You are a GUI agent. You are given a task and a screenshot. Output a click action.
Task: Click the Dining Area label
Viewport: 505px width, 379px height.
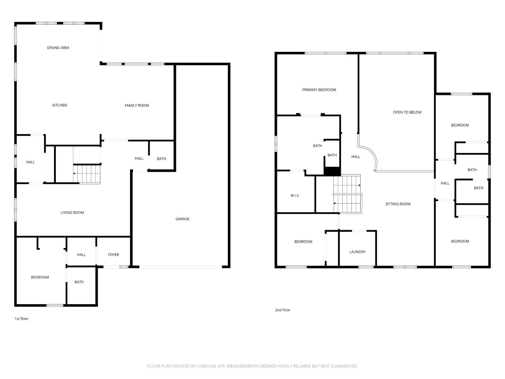[58, 48]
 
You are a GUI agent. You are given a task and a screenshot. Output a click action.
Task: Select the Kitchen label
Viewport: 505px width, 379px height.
[60, 105]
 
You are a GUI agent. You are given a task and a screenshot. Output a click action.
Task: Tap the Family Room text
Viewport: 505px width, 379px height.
[137, 105]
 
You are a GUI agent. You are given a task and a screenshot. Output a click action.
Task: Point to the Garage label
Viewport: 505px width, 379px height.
[182, 219]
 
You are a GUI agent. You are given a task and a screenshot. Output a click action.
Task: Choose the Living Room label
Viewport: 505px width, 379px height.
[72, 213]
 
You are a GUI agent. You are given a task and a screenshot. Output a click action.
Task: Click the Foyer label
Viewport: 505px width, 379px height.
[113, 255]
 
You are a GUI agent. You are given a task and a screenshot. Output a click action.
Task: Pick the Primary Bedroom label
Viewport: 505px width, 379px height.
[319, 90]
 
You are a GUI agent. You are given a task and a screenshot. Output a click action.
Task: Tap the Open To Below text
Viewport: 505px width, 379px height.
[407, 113]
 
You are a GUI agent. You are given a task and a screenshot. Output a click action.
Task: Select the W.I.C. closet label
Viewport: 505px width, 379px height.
[295, 196]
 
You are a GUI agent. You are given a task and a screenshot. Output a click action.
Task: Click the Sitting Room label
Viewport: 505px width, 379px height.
[398, 204]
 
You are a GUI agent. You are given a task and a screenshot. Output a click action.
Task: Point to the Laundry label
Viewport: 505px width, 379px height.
[358, 252]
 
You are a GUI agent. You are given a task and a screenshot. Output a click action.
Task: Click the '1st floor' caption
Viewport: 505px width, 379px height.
[22, 319]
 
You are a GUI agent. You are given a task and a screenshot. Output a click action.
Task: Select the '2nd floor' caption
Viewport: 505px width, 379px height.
[283, 310]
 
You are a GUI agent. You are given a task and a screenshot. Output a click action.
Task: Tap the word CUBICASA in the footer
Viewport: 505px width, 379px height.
[206, 366]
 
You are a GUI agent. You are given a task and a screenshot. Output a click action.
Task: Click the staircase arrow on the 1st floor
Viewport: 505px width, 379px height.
[74, 173]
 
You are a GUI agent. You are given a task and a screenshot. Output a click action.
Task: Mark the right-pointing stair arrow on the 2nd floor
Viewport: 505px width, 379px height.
[359, 185]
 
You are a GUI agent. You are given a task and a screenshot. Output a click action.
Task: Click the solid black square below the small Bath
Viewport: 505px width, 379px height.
[332, 171]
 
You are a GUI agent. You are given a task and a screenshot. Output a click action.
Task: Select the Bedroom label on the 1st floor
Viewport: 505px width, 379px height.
[40, 277]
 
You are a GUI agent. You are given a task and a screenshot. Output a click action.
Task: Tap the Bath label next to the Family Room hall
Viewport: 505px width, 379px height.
[162, 159]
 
